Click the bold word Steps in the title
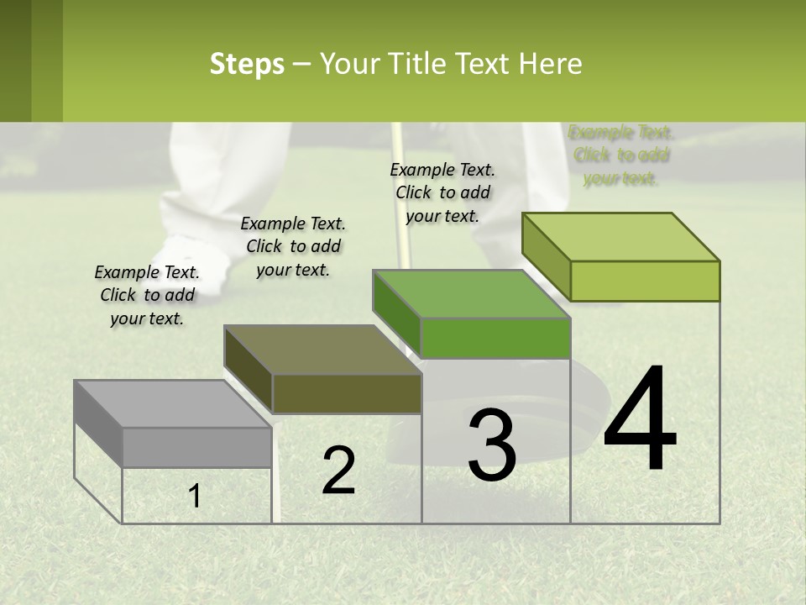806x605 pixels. coord(247,65)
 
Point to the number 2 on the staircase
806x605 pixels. coord(338,470)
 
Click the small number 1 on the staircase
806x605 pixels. coord(195,496)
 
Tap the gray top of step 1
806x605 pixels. coord(168,403)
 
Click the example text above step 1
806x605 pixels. coord(147,295)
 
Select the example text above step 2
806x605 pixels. coord(293,246)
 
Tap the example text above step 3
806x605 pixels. coord(442,192)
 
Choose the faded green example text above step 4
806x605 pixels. coord(620,155)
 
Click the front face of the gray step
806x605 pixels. coord(196,447)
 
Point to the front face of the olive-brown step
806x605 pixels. coord(347,393)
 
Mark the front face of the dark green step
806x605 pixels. coord(495,338)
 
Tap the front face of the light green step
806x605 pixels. coord(645,281)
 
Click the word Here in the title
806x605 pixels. coord(551,65)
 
